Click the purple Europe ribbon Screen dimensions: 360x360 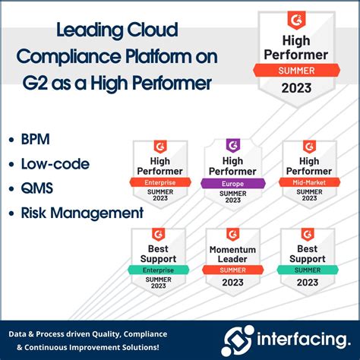click(234, 183)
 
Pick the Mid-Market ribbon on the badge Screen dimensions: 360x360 click(308, 182)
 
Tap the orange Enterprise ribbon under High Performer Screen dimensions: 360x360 click(159, 182)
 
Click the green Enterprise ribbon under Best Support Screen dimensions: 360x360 click(159, 270)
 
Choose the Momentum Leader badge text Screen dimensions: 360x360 click(234, 255)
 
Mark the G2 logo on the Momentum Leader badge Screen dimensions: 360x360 click(234, 234)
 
